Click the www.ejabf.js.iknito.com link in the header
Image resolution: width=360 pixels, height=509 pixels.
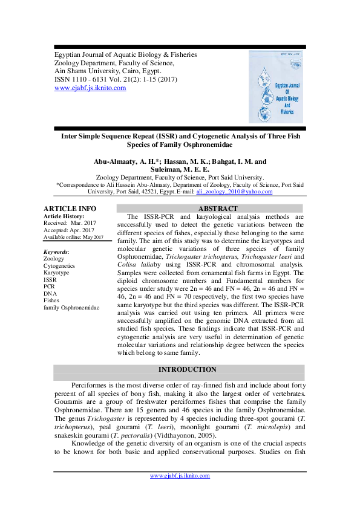tap(90, 88)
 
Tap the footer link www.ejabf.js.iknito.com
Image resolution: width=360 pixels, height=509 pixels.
tap(180, 476)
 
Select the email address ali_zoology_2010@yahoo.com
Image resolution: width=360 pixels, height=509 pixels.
tap(234, 192)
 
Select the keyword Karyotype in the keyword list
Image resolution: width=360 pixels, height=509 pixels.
tap(57, 273)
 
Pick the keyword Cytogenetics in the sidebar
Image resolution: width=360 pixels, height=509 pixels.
tap(59, 266)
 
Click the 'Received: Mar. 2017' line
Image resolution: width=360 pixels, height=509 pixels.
tap(70, 223)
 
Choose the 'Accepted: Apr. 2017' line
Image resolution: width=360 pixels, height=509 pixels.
tap(69, 230)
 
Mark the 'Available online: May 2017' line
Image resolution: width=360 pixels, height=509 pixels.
tap(73, 237)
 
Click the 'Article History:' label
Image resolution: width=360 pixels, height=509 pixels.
tap(64, 216)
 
